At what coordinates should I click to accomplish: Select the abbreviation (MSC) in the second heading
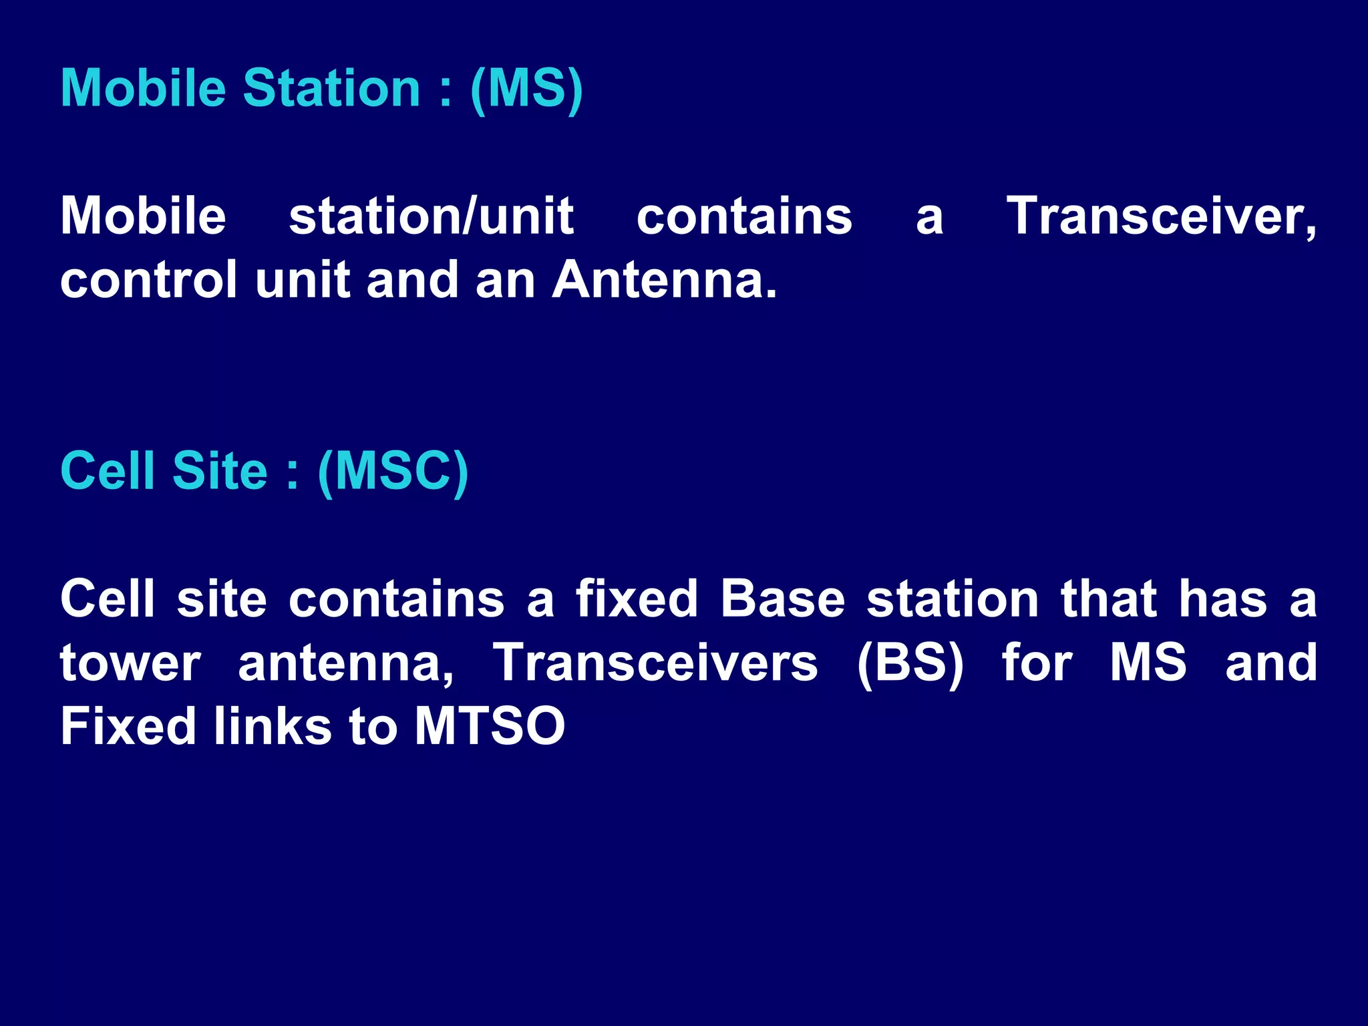tap(393, 472)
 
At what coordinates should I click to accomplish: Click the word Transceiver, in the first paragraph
tap(1161, 216)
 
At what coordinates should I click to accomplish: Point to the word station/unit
tap(431, 216)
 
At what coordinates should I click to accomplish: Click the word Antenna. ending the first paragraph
tap(665, 280)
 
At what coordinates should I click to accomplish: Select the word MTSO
tap(490, 726)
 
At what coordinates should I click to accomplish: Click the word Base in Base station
tap(783, 598)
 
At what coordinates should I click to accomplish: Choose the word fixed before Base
tap(637, 598)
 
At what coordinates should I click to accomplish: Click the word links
tap(273, 726)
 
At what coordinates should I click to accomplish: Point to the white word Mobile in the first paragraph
tap(143, 216)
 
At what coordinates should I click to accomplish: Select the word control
tap(148, 280)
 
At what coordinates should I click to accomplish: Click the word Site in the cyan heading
tap(220, 472)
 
